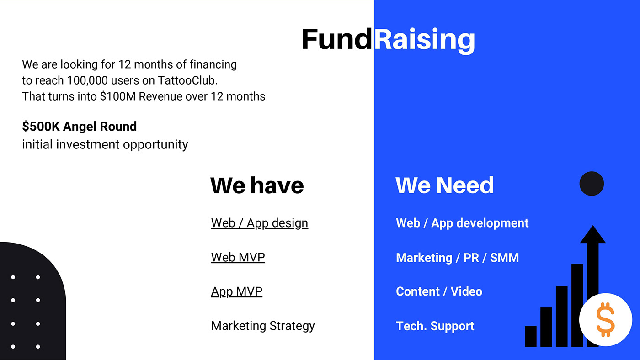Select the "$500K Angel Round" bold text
(x=80, y=126)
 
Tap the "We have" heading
(x=257, y=185)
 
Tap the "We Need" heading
(x=444, y=185)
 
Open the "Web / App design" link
(x=260, y=223)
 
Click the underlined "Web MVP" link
(x=238, y=257)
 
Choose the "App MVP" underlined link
(x=237, y=291)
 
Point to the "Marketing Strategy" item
(x=263, y=326)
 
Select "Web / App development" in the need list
(x=462, y=223)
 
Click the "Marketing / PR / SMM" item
(x=457, y=258)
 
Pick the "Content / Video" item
(x=439, y=291)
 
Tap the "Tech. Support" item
(x=435, y=326)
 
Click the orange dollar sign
(x=605, y=320)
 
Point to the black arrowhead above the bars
(x=593, y=235)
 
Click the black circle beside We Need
(x=592, y=184)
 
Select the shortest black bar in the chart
(x=531, y=337)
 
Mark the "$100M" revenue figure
(x=118, y=96)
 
